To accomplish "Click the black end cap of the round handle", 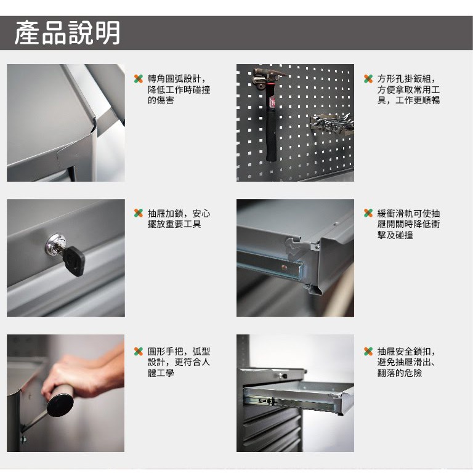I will coord(60,403).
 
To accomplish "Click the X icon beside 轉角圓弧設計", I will coord(139,79).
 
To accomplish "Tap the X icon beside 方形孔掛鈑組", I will coord(368,79).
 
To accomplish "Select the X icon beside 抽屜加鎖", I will coord(139,213).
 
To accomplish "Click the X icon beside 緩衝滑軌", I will coord(368,213).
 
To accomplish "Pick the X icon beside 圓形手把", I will coord(139,351).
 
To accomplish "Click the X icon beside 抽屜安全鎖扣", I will coord(368,351).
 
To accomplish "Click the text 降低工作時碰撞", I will coord(179,90).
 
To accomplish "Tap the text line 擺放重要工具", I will coord(174,224).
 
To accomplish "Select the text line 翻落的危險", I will coord(400,373).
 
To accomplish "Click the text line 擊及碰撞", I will coord(395,235).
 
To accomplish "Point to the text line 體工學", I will coord(161,373).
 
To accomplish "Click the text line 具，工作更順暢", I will coord(408,100).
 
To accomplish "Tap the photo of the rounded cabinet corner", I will coord(66,123).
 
